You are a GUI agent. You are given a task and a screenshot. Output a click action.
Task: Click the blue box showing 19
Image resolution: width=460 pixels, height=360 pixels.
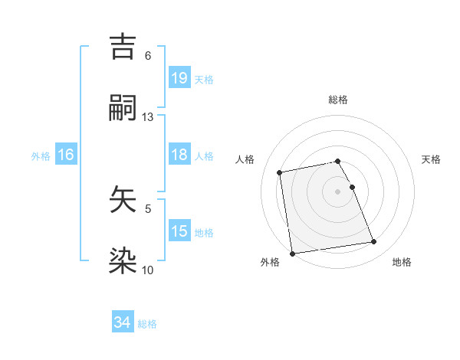(x=179, y=78)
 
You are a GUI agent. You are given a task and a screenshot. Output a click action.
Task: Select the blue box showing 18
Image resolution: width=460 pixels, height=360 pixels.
(x=179, y=155)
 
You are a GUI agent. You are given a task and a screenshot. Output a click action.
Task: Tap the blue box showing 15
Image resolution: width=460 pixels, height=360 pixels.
(x=179, y=231)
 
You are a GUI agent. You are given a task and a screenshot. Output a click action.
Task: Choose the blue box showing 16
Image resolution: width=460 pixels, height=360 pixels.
(x=66, y=155)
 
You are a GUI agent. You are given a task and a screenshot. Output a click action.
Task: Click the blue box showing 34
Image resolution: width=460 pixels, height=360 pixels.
(x=122, y=322)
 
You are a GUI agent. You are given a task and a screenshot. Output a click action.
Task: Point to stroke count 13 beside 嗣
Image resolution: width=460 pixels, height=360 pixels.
(x=148, y=117)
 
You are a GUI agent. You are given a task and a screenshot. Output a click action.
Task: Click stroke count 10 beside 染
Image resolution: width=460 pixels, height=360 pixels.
(x=148, y=270)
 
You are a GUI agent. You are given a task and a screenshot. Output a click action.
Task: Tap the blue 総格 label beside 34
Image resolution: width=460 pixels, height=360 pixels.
(x=147, y=324)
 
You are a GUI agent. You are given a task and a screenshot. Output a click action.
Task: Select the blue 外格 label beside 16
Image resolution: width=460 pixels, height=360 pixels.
(x=41, y=156)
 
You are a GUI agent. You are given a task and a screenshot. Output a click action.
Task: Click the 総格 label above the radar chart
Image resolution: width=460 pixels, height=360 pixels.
(x=338, y=100)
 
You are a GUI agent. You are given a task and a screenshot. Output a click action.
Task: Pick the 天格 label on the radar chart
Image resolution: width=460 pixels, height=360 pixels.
(x=431, y=159)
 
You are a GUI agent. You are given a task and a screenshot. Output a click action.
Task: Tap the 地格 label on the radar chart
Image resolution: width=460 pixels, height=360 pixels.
(x=402, y=262)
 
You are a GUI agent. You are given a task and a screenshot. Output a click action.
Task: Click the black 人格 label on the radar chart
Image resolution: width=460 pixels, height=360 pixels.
(x=245, y=159)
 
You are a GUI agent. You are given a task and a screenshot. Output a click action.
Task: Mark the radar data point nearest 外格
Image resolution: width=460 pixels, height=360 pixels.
(x=292, y=253)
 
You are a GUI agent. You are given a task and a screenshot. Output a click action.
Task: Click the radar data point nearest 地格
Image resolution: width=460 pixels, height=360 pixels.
(x=374, y=242)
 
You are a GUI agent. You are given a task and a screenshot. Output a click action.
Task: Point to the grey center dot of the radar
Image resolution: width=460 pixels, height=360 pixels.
(x=338, y=191)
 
